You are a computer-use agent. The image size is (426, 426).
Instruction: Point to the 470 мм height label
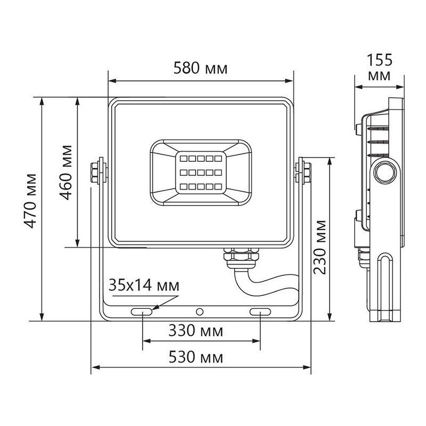(32, 201)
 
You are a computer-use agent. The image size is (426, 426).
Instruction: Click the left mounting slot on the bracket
(142, 311)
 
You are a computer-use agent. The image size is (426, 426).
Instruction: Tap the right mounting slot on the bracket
(260, 311)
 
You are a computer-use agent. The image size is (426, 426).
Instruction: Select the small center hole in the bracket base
(200, 311)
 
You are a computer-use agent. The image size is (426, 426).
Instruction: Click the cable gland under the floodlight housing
(240, 257)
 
